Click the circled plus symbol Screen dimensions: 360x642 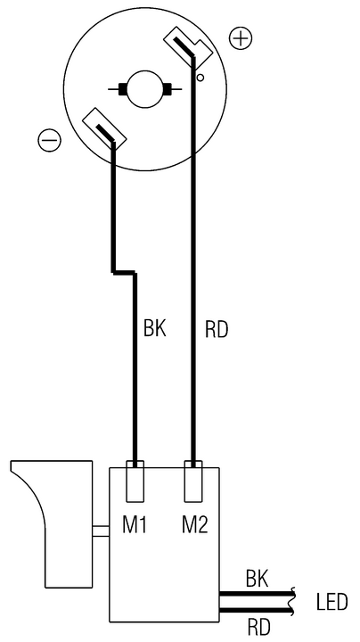(x=241, y=38)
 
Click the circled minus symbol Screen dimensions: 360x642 (x=49, y=141)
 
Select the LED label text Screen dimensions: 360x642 (x=331, y=602)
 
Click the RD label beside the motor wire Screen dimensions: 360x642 (x=217, y=330)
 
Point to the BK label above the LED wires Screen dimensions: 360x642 (x=257, y=579)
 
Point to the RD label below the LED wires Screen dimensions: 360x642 (x=259, y=626)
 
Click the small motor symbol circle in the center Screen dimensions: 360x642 (x=145, y=88)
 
